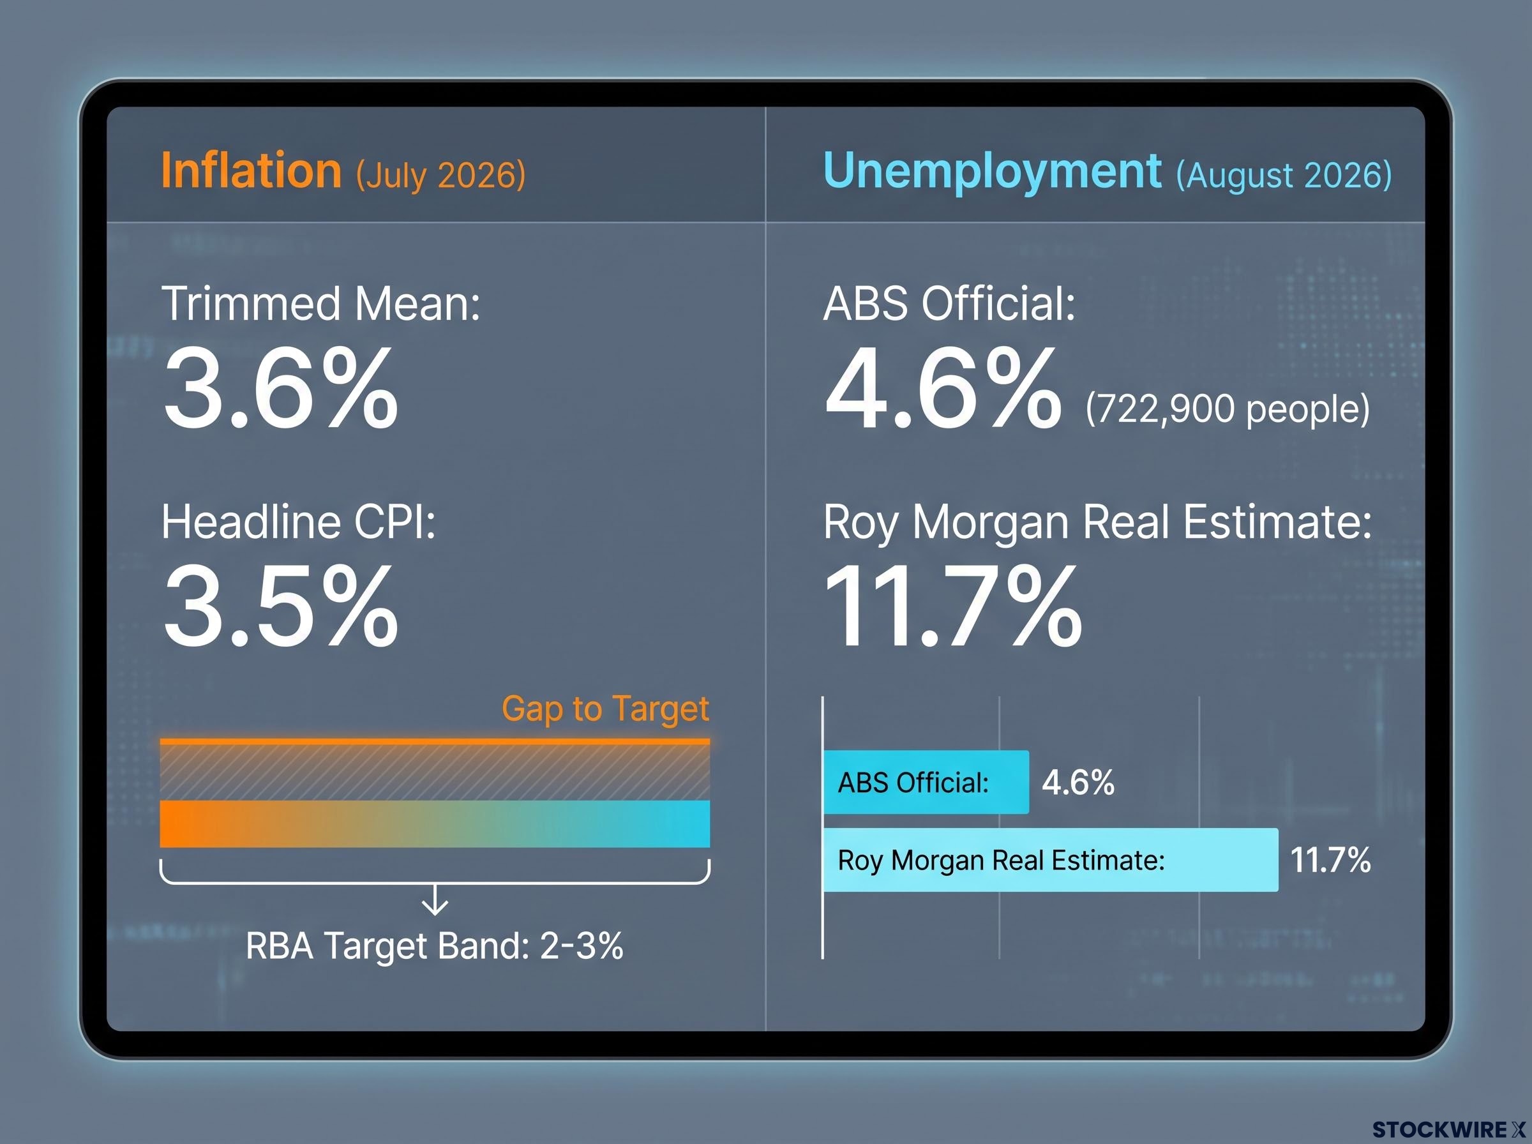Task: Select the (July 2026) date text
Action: (x=441, y=175)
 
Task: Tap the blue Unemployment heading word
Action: (x=992, y=172)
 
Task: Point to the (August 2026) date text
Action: (x=1284, y=175)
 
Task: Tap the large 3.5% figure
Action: (x=280, y=605)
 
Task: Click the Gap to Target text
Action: (x=605, y=709)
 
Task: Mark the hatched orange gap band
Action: (x=435, y=770)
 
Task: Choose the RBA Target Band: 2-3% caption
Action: (x=434, y=945)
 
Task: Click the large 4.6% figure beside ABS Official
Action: (x=942, y=389)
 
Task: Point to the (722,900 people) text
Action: (x=1228, y=409)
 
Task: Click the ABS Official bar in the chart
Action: (x=926, y=782)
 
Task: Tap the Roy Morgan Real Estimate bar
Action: (x=1051, y=859)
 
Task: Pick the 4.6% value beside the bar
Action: (x=1078, y=783)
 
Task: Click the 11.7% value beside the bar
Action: (x=1330, y=860)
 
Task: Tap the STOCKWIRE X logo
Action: (x=1448, y=1129)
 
